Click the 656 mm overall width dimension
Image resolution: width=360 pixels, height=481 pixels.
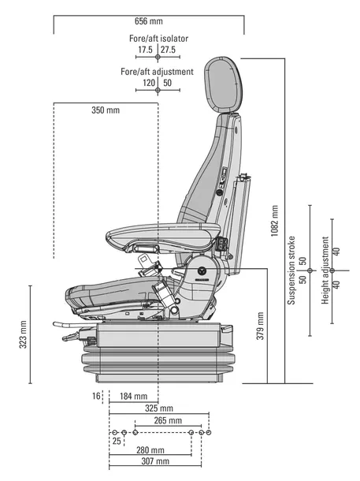149,21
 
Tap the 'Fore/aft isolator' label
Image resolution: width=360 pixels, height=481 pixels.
158,39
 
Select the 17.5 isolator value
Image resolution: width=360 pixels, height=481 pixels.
145,50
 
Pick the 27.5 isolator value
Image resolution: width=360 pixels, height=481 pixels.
168,50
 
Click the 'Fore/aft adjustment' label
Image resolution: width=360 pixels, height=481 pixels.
157,72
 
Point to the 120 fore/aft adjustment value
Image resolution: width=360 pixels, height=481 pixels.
149,83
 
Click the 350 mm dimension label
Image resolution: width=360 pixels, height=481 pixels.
106,110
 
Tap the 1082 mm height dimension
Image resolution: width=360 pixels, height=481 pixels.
274,221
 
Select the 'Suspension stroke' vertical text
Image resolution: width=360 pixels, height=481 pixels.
291,270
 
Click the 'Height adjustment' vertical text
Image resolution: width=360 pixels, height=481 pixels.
325,270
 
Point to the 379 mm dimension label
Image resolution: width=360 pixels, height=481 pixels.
260,326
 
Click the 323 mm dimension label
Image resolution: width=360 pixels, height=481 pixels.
23,334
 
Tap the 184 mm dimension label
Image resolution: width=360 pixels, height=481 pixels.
133,397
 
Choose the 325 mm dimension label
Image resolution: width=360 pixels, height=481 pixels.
159,408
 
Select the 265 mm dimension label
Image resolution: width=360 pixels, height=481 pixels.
168,420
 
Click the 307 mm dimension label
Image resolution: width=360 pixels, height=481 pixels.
155,461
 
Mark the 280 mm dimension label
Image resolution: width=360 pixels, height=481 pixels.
150,450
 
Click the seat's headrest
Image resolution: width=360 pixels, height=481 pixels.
224,84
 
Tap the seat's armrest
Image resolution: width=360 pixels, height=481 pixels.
163,237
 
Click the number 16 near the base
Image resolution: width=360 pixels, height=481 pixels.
96,396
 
